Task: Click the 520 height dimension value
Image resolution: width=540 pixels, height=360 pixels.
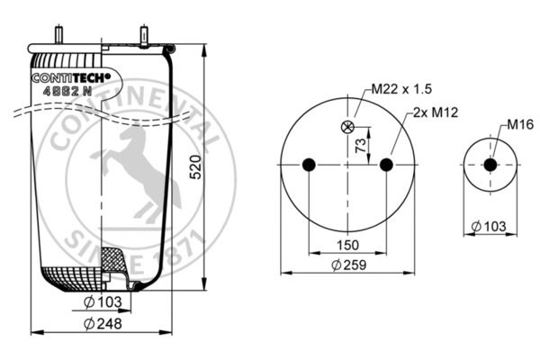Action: [196, 167]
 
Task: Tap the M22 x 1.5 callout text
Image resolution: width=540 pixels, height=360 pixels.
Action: [401, 89]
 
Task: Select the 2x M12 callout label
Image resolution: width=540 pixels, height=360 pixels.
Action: [436, 112]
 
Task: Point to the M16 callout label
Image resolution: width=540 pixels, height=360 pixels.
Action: [520, 124]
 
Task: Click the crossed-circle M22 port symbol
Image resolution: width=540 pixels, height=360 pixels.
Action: [347, 127]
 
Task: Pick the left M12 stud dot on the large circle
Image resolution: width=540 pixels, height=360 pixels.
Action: [309, 165]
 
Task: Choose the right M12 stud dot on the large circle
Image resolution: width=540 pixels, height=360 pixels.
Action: [386, 165]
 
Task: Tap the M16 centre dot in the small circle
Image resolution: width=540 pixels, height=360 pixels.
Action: [490, 165]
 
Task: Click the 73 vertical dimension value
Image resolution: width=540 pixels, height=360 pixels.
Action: [361, 146]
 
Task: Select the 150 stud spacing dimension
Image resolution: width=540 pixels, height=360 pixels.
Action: [347, 246]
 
